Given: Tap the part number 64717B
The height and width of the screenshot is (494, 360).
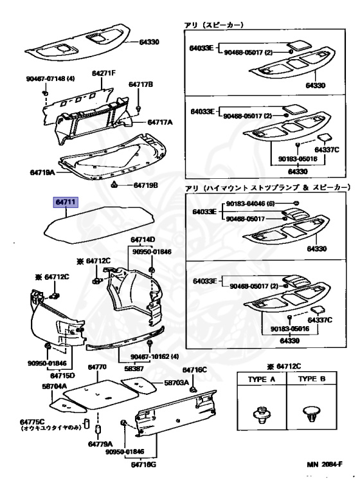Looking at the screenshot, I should (141, 84).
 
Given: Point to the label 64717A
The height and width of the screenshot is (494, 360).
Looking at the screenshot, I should (161, 122).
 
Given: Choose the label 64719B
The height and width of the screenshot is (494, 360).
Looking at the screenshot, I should (145, 185).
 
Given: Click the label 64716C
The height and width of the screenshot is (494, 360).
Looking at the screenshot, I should (194, 370).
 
